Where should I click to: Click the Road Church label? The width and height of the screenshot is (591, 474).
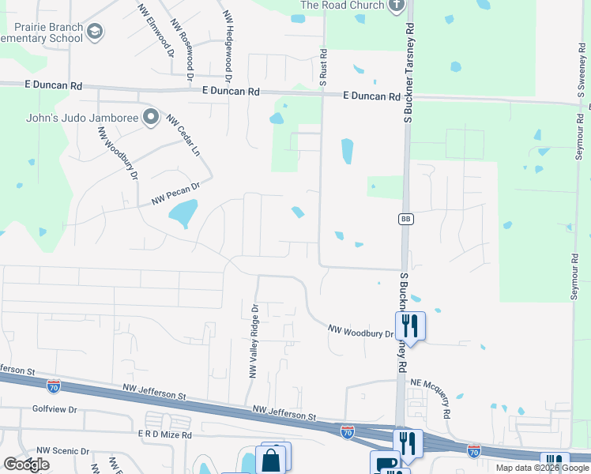pyautogui.click(x=342, y=6)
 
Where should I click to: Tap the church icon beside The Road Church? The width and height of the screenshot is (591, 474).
pyautogui.click(x=397, y=6)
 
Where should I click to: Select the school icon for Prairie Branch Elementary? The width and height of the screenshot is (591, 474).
pyautogui.click(x=95, y=32)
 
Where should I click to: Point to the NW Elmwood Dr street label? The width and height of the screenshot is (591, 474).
pyautogui.click(x=156, y=32)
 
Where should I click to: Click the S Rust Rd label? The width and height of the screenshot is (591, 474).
pyautogui.click(x=322, y=65)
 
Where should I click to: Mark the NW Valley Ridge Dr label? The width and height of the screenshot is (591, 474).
pyautogui.click(x=254, y=341)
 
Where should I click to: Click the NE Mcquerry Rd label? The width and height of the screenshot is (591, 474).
pyautogui.click(x=430, y=398)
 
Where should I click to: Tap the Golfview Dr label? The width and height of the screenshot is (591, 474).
pyautogui.click(x=55, y=409)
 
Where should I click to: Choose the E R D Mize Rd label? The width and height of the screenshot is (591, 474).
pyautogui.click(x=165, y=434)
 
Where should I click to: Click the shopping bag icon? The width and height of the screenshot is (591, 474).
pyautogui.click(x=270, y=459)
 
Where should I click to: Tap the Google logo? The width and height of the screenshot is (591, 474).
pyautogui.click(x=26, y=465)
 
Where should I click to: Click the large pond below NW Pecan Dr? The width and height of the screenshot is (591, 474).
pyautogui.click(x=183, y=213)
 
